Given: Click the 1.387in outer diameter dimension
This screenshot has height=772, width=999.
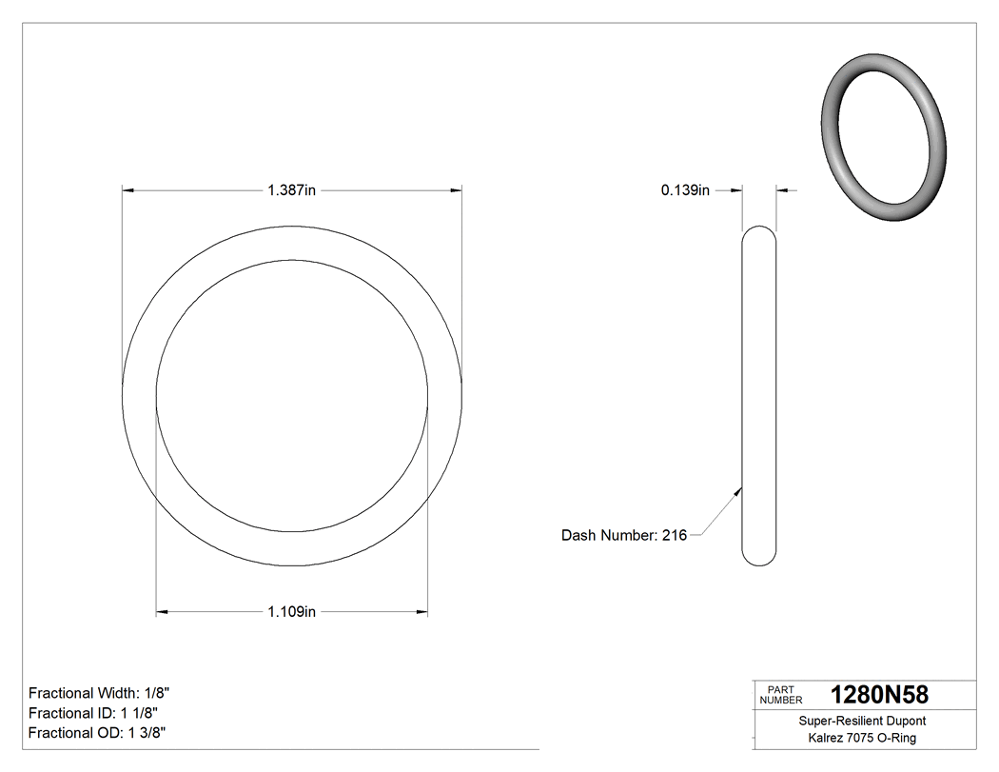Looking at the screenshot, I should pyautogui.click(x=291, y=190).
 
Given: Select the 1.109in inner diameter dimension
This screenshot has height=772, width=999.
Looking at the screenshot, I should pyautogui.click(x=291, y=611).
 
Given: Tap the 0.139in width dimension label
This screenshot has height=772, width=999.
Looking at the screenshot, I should pyautogui.click(x=685, y=190).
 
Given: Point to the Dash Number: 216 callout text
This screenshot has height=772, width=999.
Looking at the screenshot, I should pyautogui.click(x=624, y=535).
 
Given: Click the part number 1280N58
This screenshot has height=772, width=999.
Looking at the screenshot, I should pyautogui.click(x=879, y=695).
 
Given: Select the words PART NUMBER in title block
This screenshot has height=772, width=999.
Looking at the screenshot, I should pyautogui.click(x=780, y=695).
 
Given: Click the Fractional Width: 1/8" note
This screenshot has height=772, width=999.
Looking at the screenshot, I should pyautogui.click(x=100, y=693).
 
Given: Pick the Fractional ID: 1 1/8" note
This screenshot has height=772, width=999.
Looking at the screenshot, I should pyautogui.click(x=93, y=713).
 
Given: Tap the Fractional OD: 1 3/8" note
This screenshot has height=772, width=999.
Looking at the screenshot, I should pyautogui.click(x=98, y=732).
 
